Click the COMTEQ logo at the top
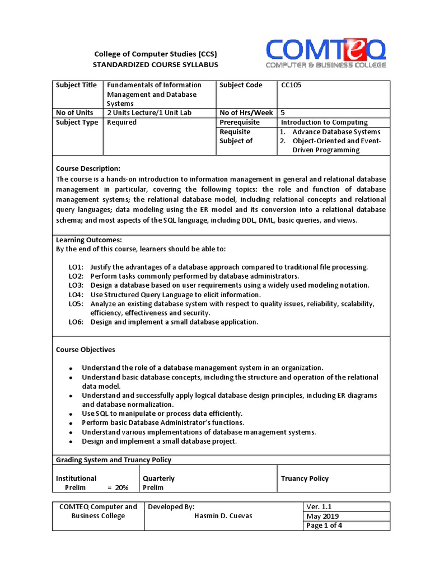click(x=326, y=53)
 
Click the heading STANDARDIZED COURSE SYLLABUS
click(x=155, y=64)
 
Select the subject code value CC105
click(x=292, y=85)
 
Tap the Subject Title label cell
click(x=76, y=85)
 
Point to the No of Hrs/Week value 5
click(x=283, y=112)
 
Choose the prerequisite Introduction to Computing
click(x=324, y=122)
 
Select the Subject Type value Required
click(x=121, y=122)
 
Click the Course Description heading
click(x=88, y=168)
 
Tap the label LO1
click(x=76, y=267)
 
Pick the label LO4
click(x=76, y=294)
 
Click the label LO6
click(x=76, y=322)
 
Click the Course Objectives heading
click(x=85, y=350)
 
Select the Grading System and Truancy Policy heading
click(x=114, y=460)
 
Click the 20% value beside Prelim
click(x=121, y=487)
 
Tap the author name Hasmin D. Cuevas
click(x=223, y=516)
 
